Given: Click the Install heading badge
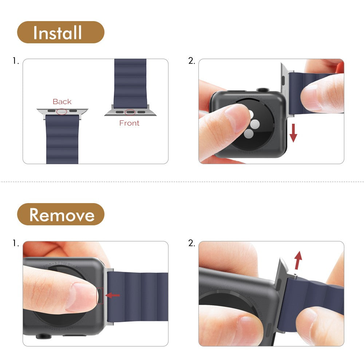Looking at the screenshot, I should click(x=60, y=32).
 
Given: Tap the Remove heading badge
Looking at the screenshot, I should click(x=60, y=214).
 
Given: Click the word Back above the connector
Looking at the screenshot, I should click(x=62, y=102).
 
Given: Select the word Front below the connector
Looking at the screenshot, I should click(x=129, y=123).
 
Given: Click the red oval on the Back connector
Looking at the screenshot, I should click(x=62, y=111).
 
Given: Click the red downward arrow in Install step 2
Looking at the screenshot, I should click(x=293, y=133).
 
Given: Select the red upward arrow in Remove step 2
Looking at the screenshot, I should click(x=298, y=260).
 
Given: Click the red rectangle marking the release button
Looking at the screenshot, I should click(x=100, y=295).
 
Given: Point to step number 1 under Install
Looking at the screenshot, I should click(x=15, y=61).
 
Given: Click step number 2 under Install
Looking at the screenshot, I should click(x=191, y=61).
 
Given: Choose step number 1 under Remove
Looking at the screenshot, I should click(x=15, y=243).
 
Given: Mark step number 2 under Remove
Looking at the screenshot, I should click(x=191, y=243).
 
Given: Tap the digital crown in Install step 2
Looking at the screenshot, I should click(x=262, y=89).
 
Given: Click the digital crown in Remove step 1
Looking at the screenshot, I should click(x=42, y=338).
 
